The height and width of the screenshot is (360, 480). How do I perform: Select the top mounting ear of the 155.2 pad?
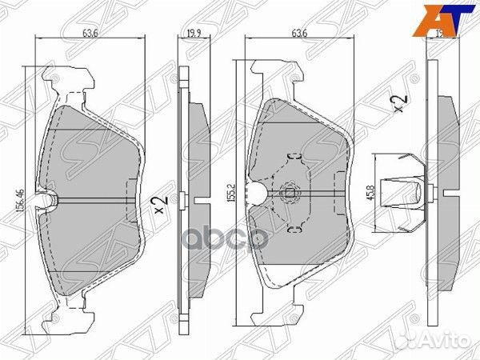coord(276,76)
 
